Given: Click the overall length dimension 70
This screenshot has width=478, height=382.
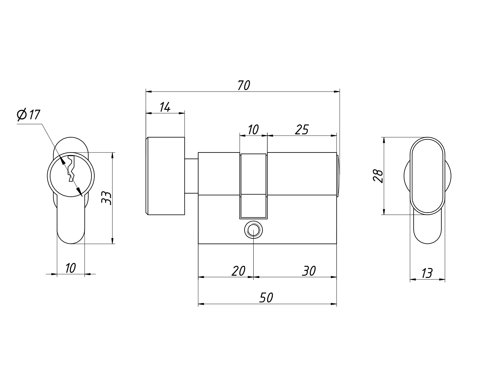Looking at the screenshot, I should [244, 86].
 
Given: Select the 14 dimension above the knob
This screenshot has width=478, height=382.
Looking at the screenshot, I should [164, 107].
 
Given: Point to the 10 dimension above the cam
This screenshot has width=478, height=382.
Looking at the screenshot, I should [253, 130].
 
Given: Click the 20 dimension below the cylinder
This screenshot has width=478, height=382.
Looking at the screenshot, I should [238, 271].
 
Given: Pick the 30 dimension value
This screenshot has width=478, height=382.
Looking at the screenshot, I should [308, 271].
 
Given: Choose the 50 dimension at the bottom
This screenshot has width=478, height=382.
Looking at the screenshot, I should [266, 298].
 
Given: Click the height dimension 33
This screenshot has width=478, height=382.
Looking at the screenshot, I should [106, 198].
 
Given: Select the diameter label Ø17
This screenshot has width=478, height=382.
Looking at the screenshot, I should [29, 115].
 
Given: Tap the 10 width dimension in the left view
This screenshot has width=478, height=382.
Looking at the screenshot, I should [70, 268].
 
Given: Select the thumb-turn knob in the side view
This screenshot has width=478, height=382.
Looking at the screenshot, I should [165, 176].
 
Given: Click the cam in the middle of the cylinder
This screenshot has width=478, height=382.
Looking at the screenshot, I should [253, 186].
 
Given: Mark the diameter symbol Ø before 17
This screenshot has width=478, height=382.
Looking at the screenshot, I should [22, 115].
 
